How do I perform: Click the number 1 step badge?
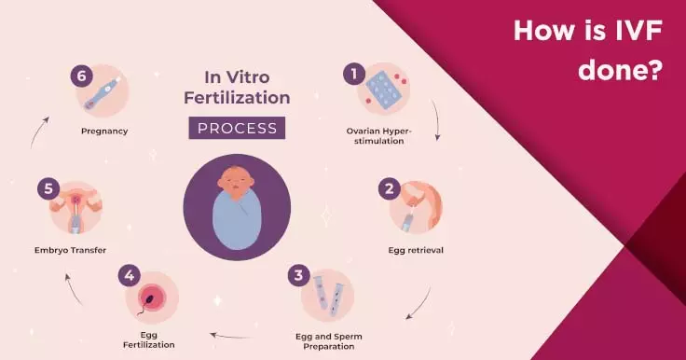point(354,74)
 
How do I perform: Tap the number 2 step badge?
point(389,188)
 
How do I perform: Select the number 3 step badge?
point(298,275)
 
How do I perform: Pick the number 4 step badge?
point(129,275)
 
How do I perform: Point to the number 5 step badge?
point(48,188)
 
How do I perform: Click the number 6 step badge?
point(81,76)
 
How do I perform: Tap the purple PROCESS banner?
point(237,128)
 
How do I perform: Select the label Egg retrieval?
point(416,250)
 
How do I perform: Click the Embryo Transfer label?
point(70,250)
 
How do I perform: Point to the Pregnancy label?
point(104,131)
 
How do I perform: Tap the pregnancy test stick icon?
point(102,93)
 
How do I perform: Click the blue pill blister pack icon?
point(383,90)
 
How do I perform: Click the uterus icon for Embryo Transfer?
point(75,207)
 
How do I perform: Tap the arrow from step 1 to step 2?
point(437,119)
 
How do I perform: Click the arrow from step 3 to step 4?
point(231,337)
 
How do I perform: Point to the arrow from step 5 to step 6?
point(38,131)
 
